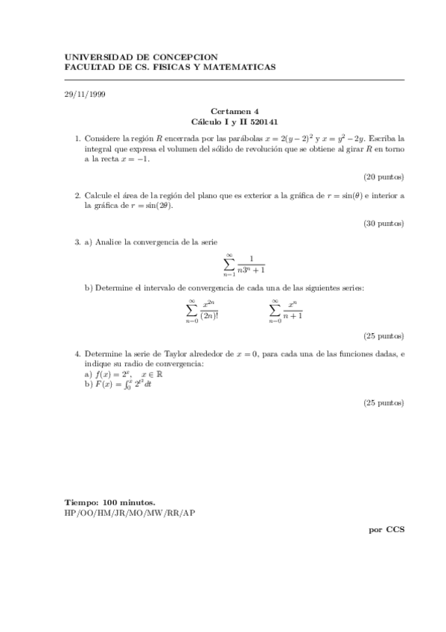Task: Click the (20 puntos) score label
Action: point(383,177)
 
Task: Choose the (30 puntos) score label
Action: point(383,223)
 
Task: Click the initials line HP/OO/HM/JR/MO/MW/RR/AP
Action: point(130,513)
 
